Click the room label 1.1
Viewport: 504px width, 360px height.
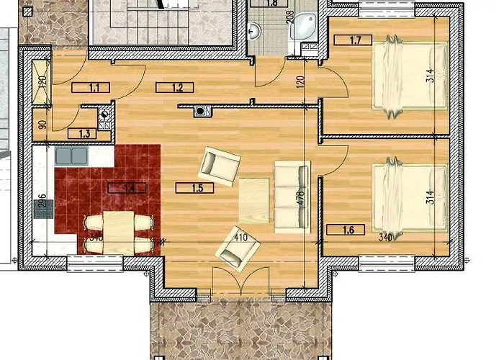pyautogui.click(x=94, y=89)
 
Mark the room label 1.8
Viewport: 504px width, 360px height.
pyautogui.click(x=271, y=4)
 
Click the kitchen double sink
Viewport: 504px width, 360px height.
pyautogui.click(x=71, y=154)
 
